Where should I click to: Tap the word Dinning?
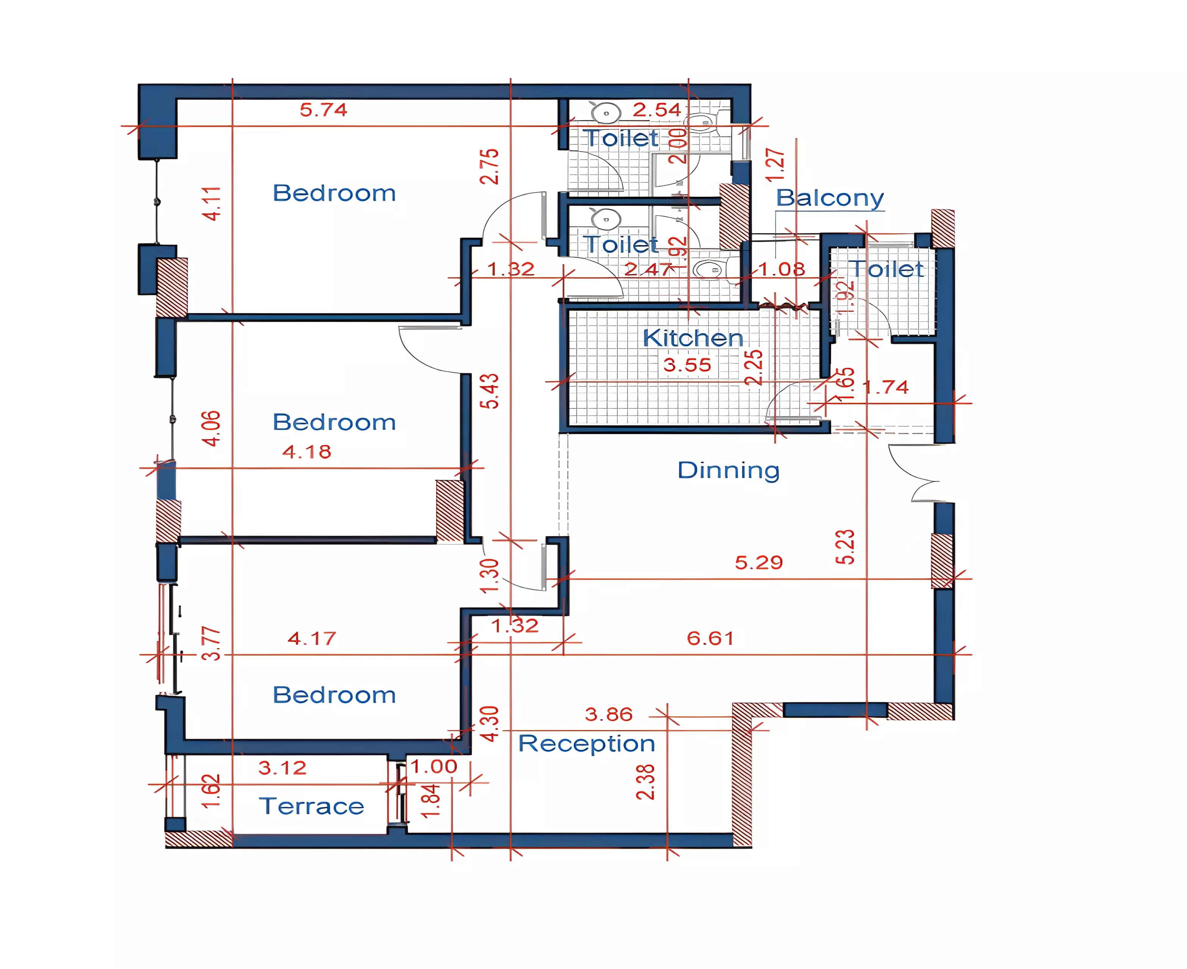pos(728,470)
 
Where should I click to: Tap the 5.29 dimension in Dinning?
pos(759,562)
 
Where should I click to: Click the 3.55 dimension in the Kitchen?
pos(687,365)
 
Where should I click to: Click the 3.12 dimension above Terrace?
pos(282,768)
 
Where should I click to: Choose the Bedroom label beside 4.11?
pos(334,193)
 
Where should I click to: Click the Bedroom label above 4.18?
pos(334,422)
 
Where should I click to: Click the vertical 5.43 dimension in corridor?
pos(489,391)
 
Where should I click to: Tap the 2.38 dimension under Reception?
pos(645,782)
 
